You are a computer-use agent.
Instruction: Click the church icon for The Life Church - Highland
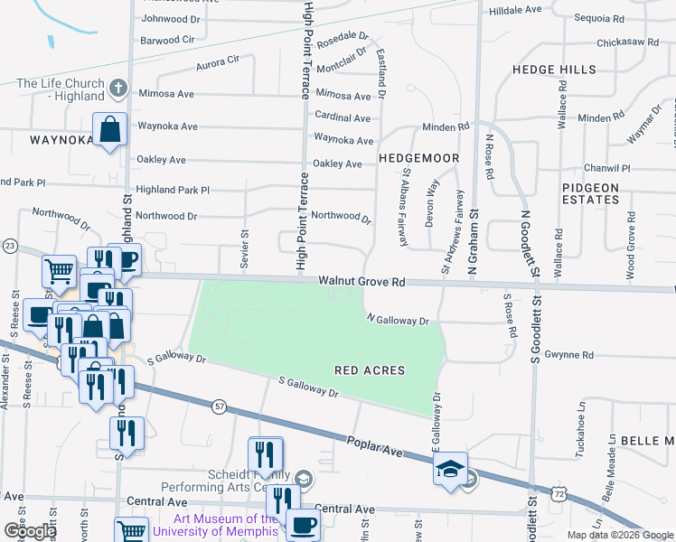click(x=116, y=89)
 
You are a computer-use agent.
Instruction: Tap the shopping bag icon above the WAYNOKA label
click(x=108, y=130)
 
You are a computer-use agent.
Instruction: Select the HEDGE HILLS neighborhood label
click(x=554, y=70)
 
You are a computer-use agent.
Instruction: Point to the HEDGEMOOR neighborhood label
click(x=419, y=158)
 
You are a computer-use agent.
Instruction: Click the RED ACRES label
click(x=370, y=370)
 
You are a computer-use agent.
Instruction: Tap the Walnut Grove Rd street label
click(x=361, y=282)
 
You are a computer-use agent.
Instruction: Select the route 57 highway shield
click(x=220, y=408)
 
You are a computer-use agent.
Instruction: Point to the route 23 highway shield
click(x=10, y=246)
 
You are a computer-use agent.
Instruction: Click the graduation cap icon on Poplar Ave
click(x=450, y=469)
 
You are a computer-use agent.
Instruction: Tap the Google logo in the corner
click(x=30, y=531)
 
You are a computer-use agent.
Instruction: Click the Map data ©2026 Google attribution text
click(x=620, y=535)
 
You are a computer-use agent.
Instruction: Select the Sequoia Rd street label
click(x=599, y=18)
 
